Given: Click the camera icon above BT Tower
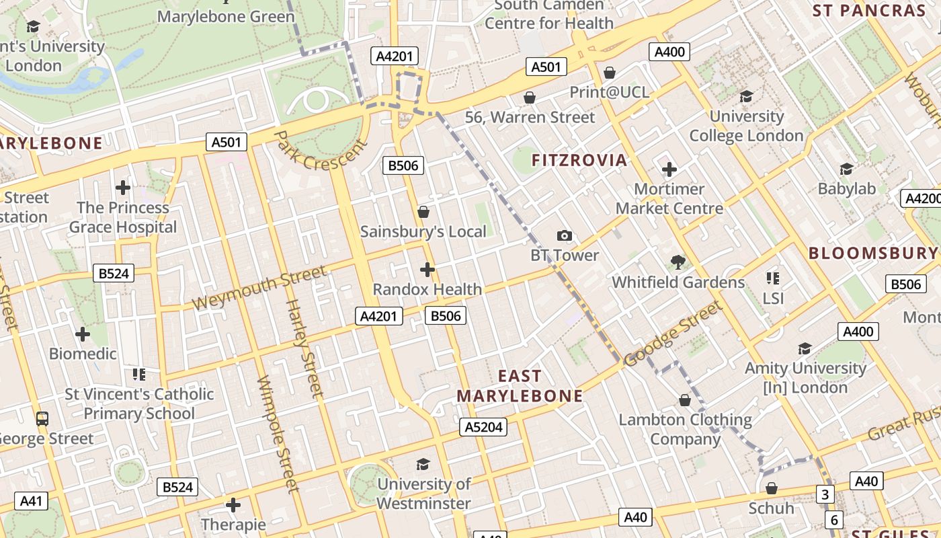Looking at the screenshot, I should (565, 235).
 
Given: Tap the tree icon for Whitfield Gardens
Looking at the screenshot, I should (678, 262).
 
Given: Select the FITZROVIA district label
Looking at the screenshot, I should (579, 160).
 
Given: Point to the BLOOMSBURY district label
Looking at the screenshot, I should (872, 253).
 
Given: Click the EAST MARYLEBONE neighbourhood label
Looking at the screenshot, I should (520, 386).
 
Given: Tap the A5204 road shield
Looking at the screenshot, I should (484, 427).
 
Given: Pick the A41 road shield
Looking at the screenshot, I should (32, 500).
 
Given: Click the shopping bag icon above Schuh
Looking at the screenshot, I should (771, 488).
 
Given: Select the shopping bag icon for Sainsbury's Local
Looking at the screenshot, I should (423, 212).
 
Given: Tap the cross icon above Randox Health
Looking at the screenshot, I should (427, 270).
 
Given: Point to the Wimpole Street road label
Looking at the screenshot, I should (276, 434).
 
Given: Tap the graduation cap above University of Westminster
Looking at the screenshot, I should (423, 464).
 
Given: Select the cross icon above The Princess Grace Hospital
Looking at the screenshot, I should (122, 187).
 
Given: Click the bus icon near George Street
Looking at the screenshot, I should (42, 418).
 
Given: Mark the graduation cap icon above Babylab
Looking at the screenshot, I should (846, 169).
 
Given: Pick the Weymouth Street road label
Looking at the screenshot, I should (259, 288).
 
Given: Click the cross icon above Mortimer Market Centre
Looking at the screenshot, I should (669, 169).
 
